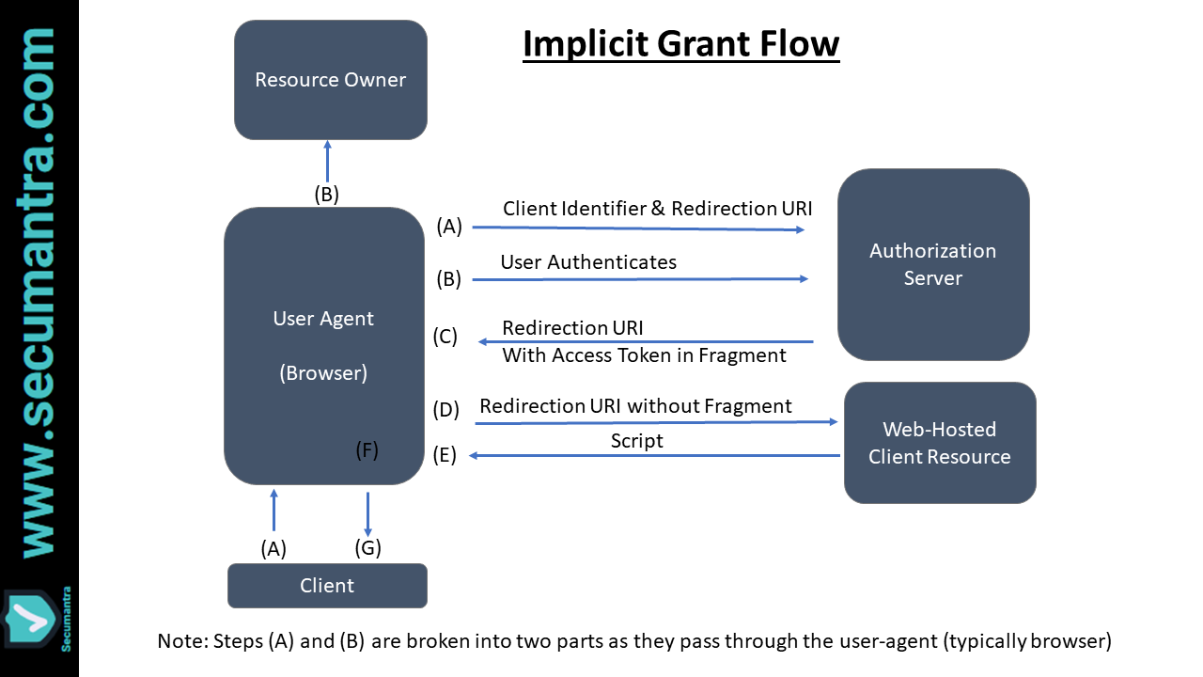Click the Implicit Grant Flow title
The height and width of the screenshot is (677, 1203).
pyautogui.click(x=680, y=44)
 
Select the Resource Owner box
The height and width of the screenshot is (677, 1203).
pyautogui.click(x=331, y=80)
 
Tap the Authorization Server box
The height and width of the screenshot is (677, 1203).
pyautogui.click(x=932, y=264)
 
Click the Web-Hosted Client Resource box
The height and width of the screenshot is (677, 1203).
pyautogui.click(x=939, y=443)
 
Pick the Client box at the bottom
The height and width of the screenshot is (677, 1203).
pyautogui.click(x=327, y=586)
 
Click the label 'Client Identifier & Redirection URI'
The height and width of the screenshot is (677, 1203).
pyautogui.click(x=657, y=209)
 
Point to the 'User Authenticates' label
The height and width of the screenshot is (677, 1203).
pyautogui.click(x=588, y=262)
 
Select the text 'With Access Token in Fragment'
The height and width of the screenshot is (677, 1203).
pyautogui.click(x=644, y=355)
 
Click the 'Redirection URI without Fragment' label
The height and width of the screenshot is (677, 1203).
pyautogui.click(x=635, y=406)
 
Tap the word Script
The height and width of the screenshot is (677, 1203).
pyautogui.click(x=636, y=441)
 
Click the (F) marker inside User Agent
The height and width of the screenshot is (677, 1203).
pyautogui.click(x=367, y=450)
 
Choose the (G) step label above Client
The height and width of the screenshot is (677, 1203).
pyautogui.click(x=367, y=547)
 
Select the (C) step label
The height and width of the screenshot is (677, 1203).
pyautogui.click(x=445, y=337)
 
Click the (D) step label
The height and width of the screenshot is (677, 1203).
pyautogui.click(x=445, y=410)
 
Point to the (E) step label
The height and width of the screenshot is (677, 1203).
pyautogui.click(x=445, y=455)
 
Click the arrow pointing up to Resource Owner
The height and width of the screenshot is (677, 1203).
pyautogui.click(x=327, y=161)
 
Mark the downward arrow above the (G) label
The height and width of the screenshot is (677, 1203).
pyautogui.click(x=367, y=513)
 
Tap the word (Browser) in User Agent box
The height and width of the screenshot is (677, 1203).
pyautogui.click(x=323, y=373)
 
